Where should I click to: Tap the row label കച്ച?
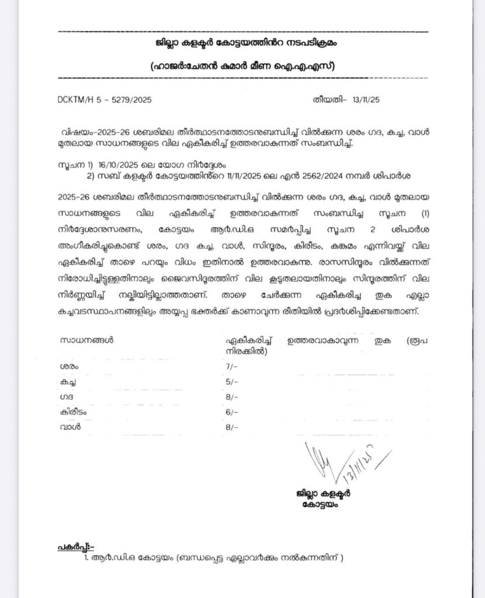[68, 381]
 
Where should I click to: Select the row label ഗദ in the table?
[65, 397]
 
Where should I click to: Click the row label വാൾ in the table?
[69, 427]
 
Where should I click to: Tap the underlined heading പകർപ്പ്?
[75, 547]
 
